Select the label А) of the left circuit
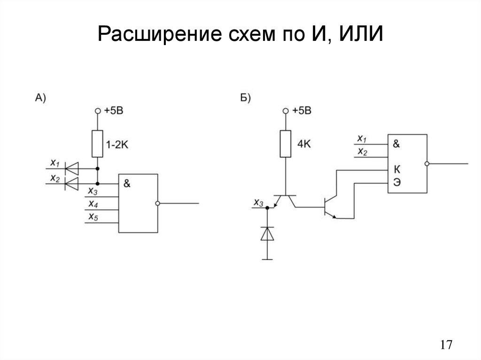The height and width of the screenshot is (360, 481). click(x=40, y=98)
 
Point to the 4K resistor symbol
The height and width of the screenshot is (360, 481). click(x=284, y=144)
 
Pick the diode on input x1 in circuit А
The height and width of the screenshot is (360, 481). click(x=71, y=167)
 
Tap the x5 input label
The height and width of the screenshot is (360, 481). click(x=92, y=217)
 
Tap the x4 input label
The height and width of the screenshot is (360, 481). click(x=92, y=205)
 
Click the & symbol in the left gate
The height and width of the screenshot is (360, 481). click(x=127, y=184)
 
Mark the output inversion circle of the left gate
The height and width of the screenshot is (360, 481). click(x=158, y=203)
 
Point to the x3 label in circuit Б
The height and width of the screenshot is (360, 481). click(x=258, y=203)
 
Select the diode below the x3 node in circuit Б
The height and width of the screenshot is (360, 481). click(x=267, y=234)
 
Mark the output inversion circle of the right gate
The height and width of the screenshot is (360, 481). click(x=427, y=164)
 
